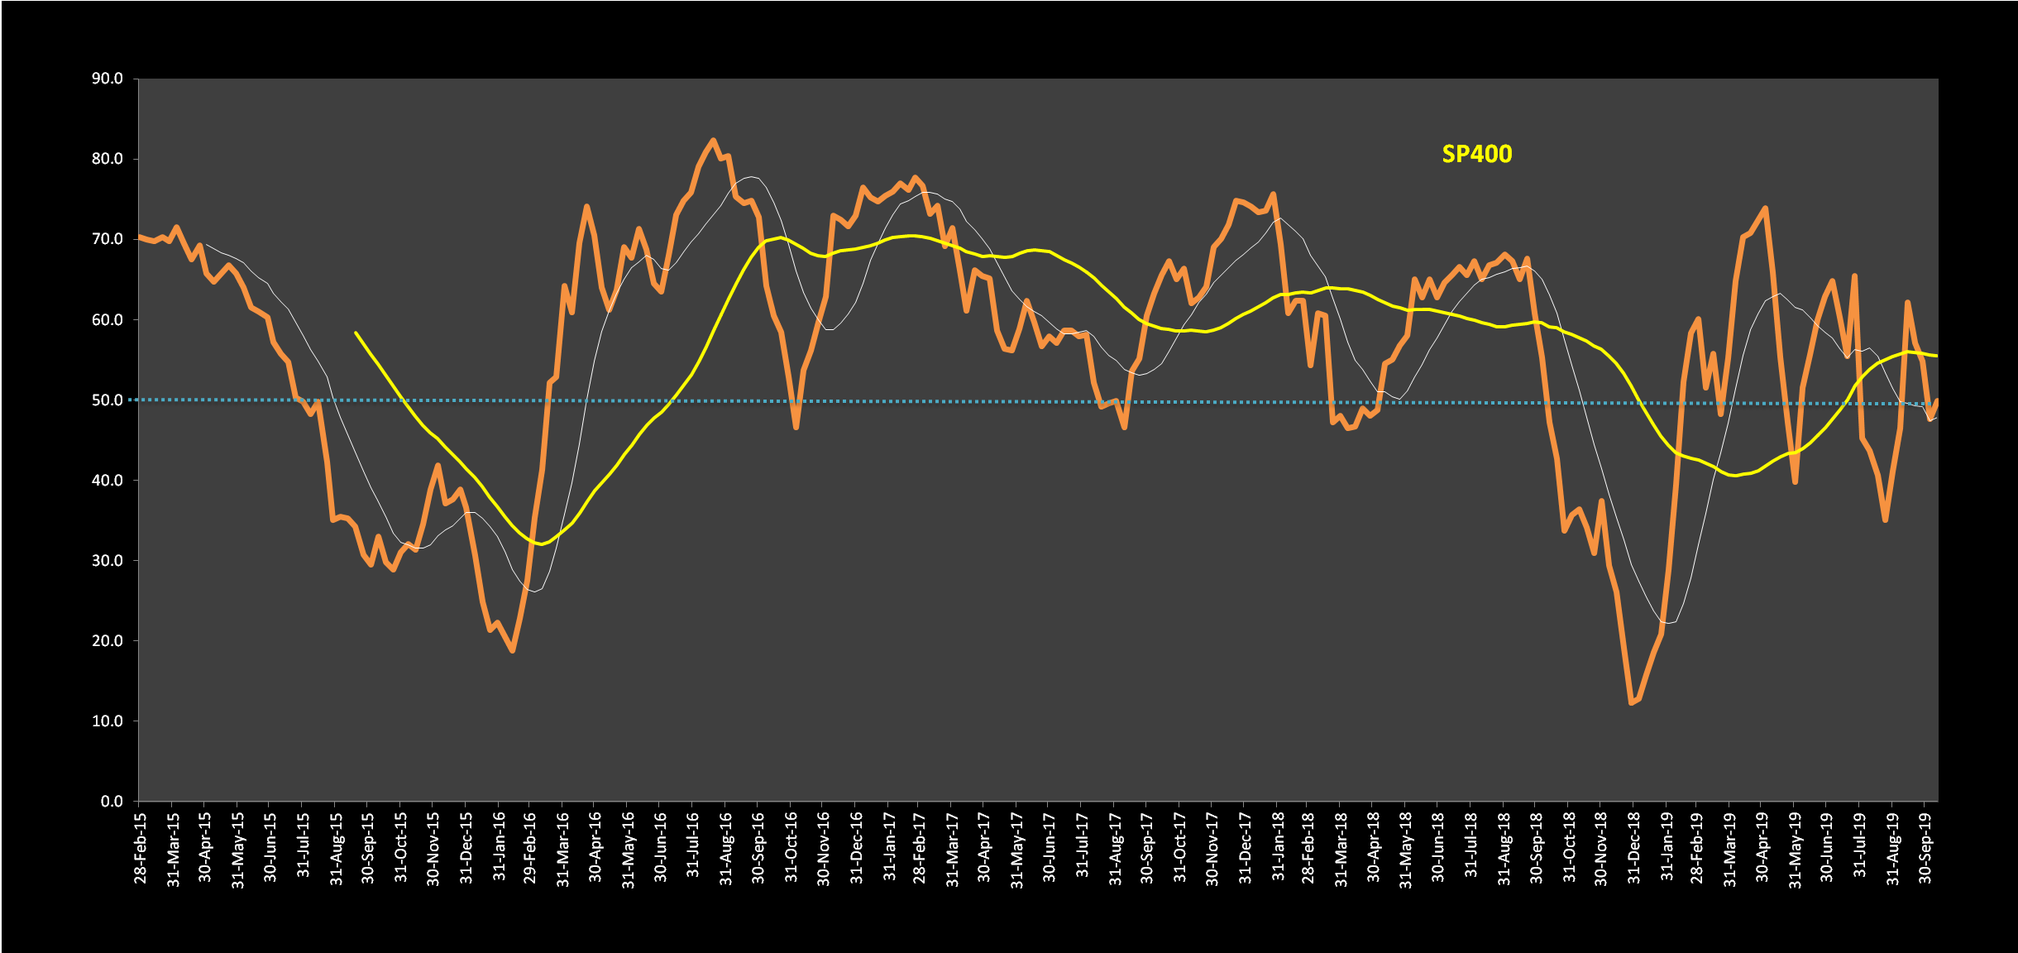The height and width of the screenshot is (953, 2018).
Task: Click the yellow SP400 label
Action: [x=1476, y=155]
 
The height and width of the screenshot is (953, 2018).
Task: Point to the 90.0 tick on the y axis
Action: [x=108, y=79]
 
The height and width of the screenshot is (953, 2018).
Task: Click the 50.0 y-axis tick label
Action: [x=108, y=400]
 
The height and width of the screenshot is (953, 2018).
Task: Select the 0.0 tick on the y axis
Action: [x=112, y=802]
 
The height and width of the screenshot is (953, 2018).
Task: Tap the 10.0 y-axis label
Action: [x=108, y=721]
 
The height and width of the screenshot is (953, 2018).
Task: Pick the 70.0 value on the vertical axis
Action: [x=108, y=239]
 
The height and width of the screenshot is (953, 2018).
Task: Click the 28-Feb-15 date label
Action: [x=140, y=847]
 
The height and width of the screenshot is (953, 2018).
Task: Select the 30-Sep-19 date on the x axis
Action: [x=1925, y=847]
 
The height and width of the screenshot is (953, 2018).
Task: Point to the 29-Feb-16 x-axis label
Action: [x=530, y=847]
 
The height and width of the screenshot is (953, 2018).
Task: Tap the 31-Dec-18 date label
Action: [x=1633, y=847]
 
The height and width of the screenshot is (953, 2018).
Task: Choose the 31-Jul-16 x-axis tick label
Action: [x=693, y=847]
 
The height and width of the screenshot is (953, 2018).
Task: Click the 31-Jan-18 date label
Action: [x=1278, y=847]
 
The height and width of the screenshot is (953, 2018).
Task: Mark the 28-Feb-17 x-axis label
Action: [x=920, y=847]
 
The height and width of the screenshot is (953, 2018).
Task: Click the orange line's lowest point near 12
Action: [x=1631, y=703]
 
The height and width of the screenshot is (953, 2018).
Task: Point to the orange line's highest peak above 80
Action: [x=713, y=140]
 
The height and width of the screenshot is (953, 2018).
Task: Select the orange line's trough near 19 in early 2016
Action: [x=512, y=651]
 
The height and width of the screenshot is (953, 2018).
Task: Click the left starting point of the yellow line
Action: [x=356, y=333]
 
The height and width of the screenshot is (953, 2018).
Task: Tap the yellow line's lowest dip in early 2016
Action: [x=540, y=544]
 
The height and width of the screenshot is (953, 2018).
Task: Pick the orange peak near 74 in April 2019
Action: [x=1766, y=208]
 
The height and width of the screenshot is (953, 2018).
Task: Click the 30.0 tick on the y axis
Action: [x=108, y=561]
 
